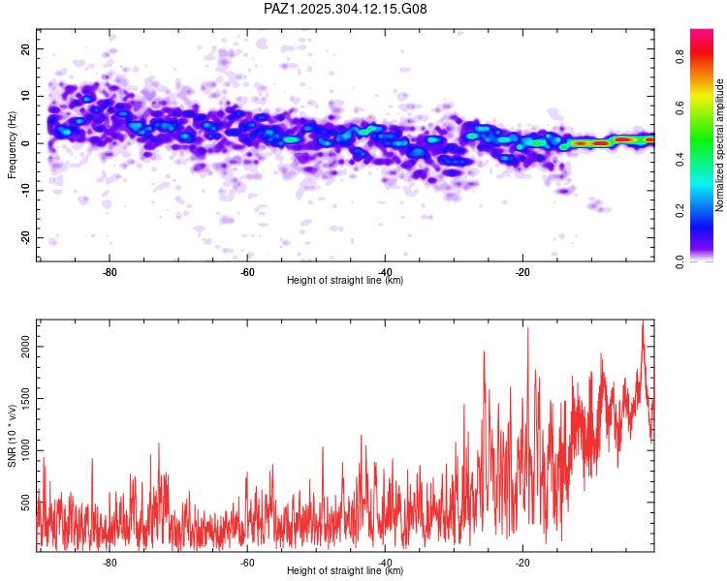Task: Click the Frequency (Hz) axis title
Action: point(12,143)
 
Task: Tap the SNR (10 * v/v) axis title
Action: point(12,436)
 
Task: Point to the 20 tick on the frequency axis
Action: point(26,48)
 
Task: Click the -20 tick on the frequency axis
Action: point(24,238)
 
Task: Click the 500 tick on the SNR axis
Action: point(26,504)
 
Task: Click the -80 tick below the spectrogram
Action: point(110,272)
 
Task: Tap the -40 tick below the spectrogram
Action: point(385,272)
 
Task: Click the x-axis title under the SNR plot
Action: point(345,571)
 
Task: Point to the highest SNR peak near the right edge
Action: point(642,322)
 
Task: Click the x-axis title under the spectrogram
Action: point(345,281)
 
